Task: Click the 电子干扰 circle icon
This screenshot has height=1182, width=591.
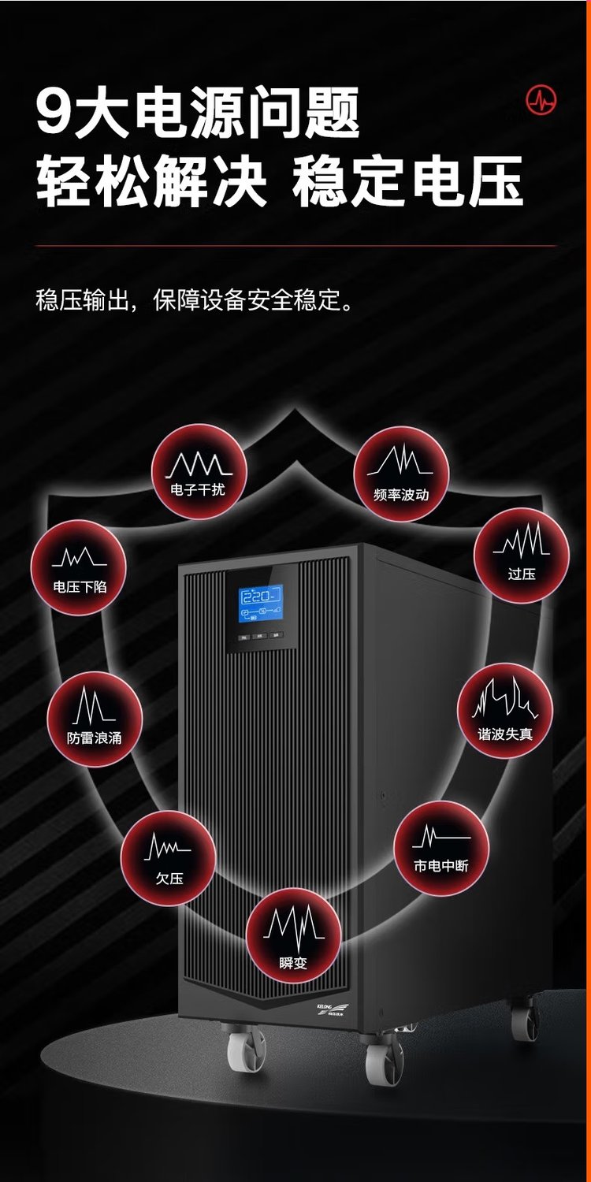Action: [x=199, y=471]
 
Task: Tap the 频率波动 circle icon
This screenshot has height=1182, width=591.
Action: [x=401, y=474]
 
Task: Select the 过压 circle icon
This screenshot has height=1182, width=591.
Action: [x=522, y=555]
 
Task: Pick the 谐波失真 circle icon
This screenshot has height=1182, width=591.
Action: [x=505, y=710]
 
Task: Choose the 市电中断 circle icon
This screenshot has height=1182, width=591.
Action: [x=441, y=848]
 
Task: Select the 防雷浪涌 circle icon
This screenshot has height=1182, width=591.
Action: [x=95, y=719]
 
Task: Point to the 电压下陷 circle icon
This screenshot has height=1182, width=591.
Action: [x=79, y=567]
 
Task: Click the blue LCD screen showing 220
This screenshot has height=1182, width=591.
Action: [x=261, y=604]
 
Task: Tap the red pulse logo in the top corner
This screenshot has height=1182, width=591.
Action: [x=541, y=99]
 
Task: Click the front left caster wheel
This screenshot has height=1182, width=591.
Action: [x=246, y=1050]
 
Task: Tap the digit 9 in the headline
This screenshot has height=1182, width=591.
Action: [x=55, y=113]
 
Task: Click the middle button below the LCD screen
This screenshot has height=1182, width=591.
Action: [x=260, y=636]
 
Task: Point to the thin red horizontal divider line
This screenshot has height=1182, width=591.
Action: [x=295, y=246]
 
